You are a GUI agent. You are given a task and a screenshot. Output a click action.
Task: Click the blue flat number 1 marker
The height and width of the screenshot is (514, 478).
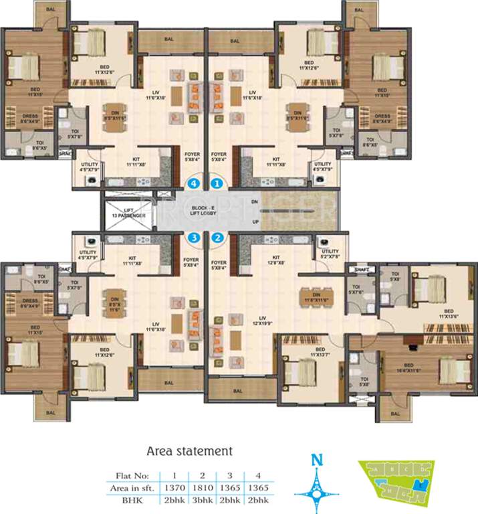point(217,181)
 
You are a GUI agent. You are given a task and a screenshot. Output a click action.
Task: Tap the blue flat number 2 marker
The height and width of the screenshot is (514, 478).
point(217,236)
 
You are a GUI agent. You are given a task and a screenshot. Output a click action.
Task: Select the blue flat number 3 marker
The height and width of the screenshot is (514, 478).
point(194,236)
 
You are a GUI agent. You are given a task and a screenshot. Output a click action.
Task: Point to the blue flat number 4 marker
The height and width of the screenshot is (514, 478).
point(194,181)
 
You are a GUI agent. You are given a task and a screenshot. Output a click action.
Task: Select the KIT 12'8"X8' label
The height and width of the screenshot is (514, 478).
point(275,260)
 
